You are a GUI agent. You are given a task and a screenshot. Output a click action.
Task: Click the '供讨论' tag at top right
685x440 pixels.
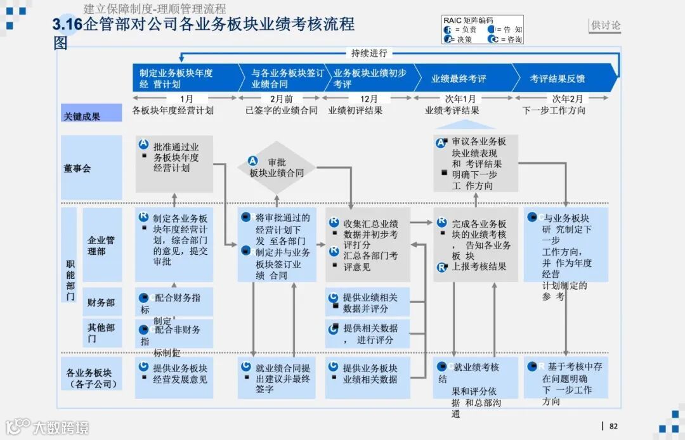click(606, 25)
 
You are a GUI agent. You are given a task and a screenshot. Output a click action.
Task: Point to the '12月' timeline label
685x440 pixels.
click(369, 99)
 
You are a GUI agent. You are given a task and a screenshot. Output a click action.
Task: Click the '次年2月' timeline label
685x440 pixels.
click(567, 99)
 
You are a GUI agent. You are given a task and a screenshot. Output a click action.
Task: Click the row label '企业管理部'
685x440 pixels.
click(101, 246)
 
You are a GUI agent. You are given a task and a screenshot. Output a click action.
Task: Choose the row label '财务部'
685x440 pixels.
click(101, 302)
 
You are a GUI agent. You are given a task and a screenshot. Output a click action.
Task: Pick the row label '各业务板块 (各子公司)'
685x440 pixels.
click(91, 378)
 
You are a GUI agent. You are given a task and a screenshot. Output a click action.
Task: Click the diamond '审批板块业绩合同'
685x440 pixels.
click(277, 167)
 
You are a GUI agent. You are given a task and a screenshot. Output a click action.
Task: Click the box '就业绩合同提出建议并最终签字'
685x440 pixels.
click(277, 378)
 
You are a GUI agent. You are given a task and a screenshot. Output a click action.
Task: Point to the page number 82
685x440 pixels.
click(613, 426)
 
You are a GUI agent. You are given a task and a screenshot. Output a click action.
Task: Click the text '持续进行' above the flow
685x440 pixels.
click(369, 53)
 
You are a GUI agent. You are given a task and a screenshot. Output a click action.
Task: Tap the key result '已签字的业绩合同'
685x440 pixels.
click(282, 110)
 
